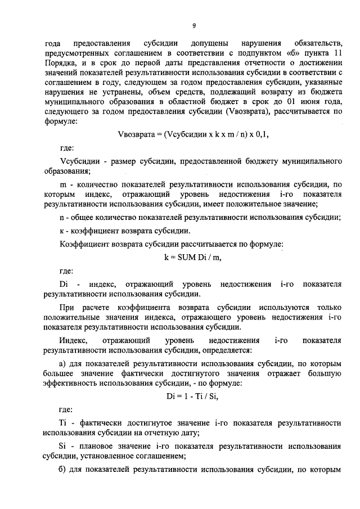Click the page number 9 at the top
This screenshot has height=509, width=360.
point(193,25)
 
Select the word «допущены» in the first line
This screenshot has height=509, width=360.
point(209,43)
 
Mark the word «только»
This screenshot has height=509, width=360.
point(330,309)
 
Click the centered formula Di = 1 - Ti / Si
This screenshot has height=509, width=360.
point(192,395)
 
